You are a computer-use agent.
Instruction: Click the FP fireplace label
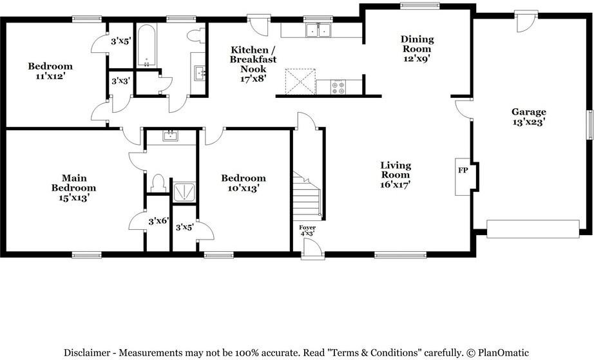pyautogui.click(x=463, y=171)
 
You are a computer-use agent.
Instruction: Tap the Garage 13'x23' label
pyautogui.click(x=528, y=117)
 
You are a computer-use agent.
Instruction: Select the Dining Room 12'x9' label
pyautogui.click(x=417, y=48)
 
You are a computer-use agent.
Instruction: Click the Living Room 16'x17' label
pyautogui.click(x=395, y=175)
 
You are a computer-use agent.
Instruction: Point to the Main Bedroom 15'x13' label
pyautogui.click(x=74, y=187)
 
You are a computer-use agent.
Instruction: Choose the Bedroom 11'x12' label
pyautogui.click(x=50, y=71)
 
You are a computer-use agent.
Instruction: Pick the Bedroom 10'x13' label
pyautogui.click(x=243, y=183)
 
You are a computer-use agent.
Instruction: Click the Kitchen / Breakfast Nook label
pyautogui.click(x=254, y=64)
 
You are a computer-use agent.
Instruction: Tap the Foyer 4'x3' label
pyautogui.click(x=307, y=231)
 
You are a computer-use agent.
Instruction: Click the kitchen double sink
pyautogui.click(x=318, y=30)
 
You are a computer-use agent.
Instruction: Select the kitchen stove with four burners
pyautogui.click(x=338, y=87)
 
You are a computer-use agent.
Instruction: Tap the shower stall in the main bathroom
pyautogui.click(x=184, y=190)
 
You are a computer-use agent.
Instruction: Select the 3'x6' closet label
pyautogui.click(x=158, y=221)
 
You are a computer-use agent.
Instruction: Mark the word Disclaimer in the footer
pyautogui.click(x=88, y=352)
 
